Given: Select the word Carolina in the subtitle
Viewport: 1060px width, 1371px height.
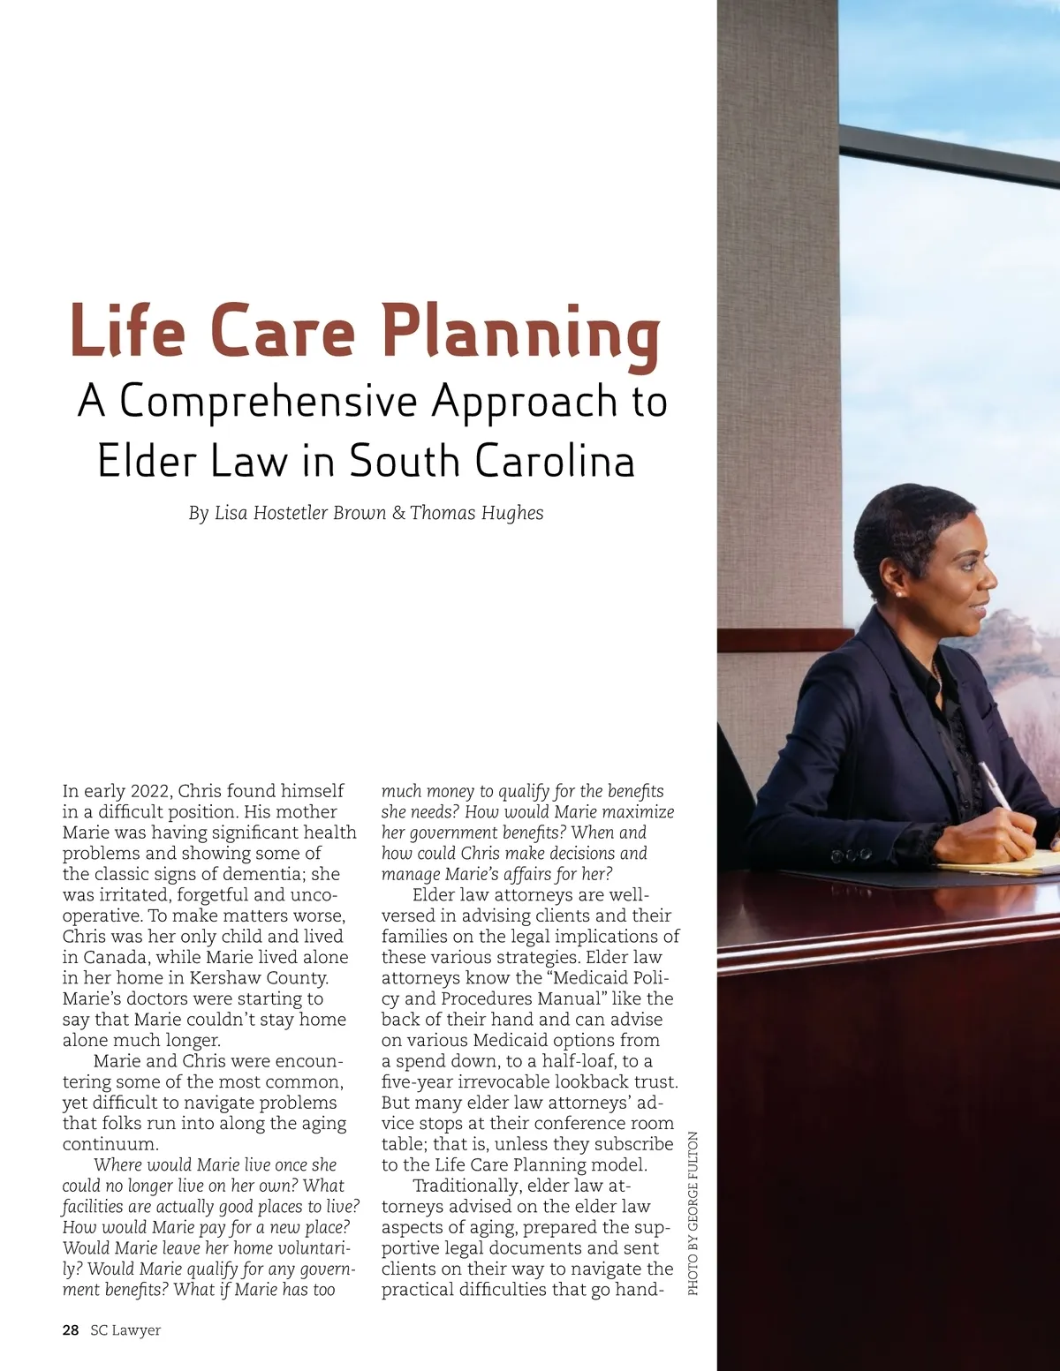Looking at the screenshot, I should coord(555,461).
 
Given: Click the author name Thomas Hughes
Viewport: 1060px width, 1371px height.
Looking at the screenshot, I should coord(477,513).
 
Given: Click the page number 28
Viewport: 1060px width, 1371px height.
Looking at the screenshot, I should coord(71,1330).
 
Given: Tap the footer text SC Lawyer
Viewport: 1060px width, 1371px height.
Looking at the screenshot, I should coord(125,1330).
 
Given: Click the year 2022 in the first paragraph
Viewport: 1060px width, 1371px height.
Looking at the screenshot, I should coord(151,791).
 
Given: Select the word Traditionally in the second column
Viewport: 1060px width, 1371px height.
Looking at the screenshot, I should coord(468,1186).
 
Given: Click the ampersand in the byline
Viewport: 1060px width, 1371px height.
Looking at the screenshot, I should coord(398,513).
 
